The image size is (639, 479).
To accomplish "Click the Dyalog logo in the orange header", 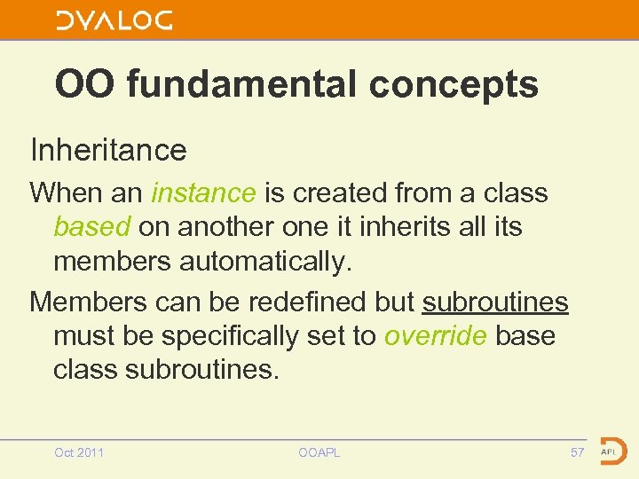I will click(114, 20).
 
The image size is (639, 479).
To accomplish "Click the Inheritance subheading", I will click(108, 150).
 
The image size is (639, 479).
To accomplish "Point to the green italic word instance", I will click(204, 192).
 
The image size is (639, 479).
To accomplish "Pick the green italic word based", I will click(91, 227).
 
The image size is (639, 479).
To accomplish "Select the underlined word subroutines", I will click(495, 302).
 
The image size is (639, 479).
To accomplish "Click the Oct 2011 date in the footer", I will click(79, 453).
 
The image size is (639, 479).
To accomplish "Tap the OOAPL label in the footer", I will click(319, 453).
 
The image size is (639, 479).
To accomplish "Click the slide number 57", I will click(578, 453).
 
